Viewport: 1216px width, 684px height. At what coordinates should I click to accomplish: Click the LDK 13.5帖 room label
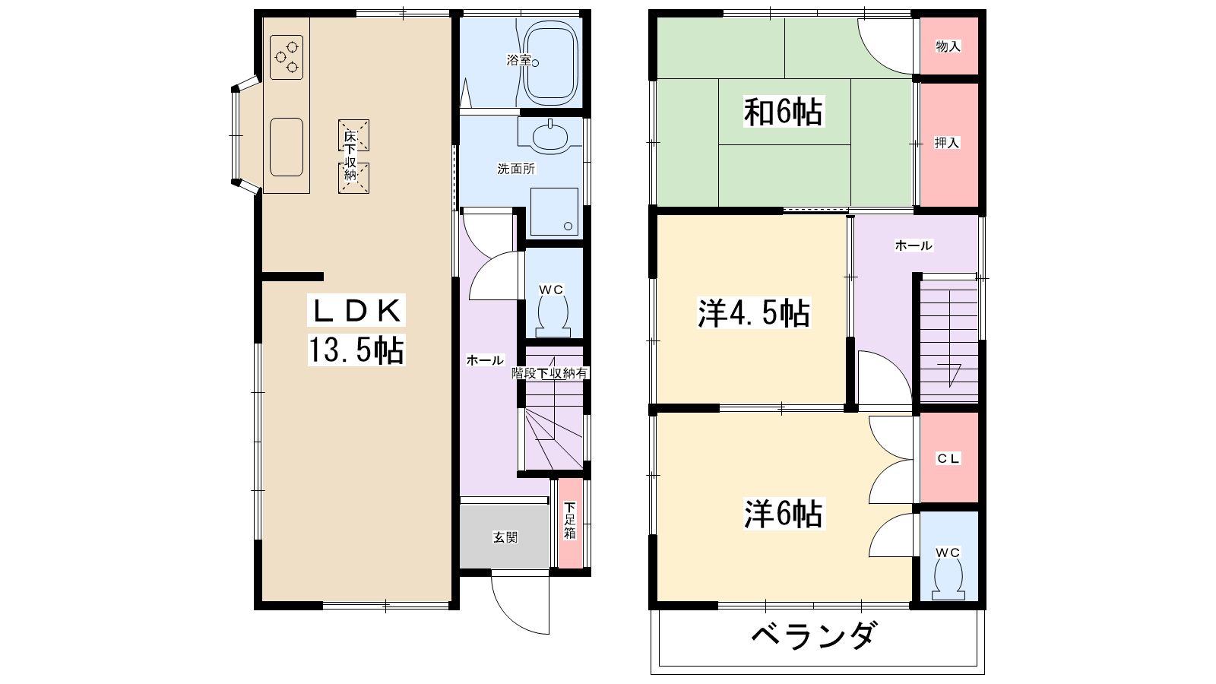[356, 330]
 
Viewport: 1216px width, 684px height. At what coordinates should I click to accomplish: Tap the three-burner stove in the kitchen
[287, 57]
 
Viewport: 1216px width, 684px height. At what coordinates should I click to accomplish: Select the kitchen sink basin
[286, 147]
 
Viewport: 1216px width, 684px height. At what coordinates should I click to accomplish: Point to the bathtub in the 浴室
[550, 64]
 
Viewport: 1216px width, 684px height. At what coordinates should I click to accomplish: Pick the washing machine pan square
[554, 212]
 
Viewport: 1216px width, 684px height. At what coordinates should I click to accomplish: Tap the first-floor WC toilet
[553, 318]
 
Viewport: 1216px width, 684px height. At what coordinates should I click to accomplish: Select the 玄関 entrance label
[505, 537]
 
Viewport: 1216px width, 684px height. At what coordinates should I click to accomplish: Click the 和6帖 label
[784, 112]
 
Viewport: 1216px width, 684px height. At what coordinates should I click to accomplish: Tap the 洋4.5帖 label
[754, 313]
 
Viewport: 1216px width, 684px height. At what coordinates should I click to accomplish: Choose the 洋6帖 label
[784, 514]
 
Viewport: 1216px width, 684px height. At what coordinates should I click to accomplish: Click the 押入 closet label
[947, 143]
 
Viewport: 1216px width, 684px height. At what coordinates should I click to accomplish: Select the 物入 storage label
[948, 46]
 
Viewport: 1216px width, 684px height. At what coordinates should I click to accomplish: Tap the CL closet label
[948, 459]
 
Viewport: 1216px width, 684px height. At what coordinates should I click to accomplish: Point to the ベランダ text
[814, 634]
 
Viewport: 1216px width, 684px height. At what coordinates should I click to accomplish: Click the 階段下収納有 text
[549, 373]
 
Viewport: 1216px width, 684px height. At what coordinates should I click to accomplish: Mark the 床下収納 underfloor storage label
[350, 156]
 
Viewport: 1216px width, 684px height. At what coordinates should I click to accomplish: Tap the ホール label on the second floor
[913, 245]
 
